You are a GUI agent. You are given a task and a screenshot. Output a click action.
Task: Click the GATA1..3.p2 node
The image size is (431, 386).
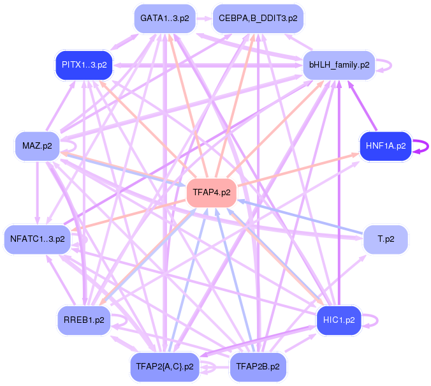point(164,19)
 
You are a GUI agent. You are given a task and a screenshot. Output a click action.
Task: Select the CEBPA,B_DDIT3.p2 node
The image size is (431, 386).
point(258,19)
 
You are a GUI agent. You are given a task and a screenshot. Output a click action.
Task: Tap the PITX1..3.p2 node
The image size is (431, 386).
point(84,65)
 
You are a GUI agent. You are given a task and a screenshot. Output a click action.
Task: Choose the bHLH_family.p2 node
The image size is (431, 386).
point(339,65)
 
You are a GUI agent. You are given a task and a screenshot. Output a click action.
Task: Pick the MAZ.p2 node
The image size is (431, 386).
point(38,146)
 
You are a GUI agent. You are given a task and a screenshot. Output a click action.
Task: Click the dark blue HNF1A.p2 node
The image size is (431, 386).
point(386,146)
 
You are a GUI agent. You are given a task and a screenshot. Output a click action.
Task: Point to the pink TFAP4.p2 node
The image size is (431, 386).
point(212,192)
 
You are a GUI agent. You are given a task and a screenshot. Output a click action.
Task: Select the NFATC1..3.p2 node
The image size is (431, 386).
point(38,239)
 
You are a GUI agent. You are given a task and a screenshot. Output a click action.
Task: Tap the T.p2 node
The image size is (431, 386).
point(386,239)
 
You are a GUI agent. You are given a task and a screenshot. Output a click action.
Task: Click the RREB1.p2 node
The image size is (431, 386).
point(84,320)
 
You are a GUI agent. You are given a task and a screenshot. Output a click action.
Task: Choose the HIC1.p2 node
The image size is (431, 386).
point(339,320)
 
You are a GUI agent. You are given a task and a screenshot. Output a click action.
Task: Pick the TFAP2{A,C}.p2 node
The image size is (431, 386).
point(164,367)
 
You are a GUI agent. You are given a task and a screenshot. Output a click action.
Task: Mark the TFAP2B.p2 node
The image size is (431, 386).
point(258,367)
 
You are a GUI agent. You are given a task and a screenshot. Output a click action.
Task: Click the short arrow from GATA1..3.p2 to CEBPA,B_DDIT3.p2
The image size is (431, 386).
point(204,19)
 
